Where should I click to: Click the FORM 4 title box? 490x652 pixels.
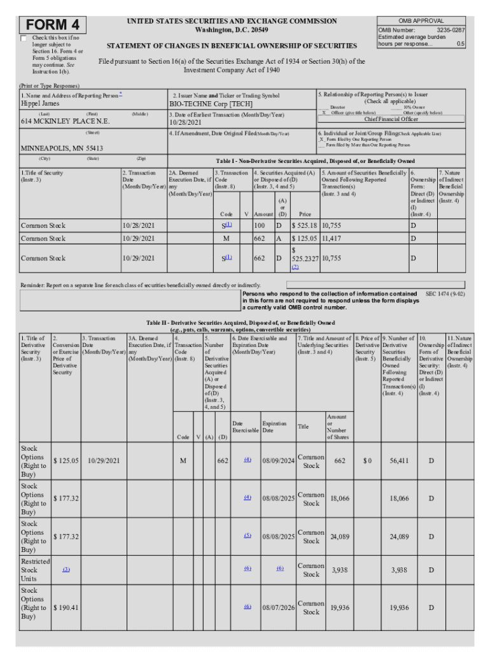click(x=53, y=25)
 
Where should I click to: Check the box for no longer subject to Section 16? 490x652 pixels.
click(x=24, y=39)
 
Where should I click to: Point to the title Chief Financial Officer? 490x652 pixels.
click(x=391, y=119)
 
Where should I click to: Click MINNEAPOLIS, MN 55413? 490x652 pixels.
click(x=62, y=148)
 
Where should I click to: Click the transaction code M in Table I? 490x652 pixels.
click(x=226, y=239)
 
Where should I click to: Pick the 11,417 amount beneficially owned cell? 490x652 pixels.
click(x=335, y=239)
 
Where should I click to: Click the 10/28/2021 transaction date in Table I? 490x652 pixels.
click(x=138, y=225)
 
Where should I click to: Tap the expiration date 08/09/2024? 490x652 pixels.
click(x=278, y=461)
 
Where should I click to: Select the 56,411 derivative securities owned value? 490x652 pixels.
click(x=399, y=461)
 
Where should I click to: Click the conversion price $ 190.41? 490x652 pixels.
click(x=66, y=608)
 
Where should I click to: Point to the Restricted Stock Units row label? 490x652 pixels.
click(x=36, y=570)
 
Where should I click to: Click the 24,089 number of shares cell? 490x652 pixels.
click(x=339, y=537)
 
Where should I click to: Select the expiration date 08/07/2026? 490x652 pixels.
click(x=278, y=608)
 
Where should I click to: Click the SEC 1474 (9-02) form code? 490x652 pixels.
click(x=445, y=295)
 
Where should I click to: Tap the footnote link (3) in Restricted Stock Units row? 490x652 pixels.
click(x=66, y=570)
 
